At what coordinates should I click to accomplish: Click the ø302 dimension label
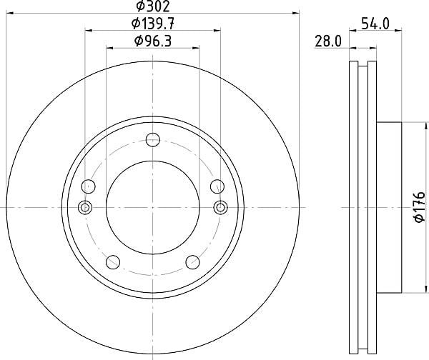pos(153,6)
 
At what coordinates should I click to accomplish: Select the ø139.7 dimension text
pos(153,24)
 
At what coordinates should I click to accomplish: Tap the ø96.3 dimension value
pos(153,41)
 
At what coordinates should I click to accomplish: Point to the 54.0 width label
pos(375,24)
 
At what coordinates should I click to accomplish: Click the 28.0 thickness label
pos(328,41)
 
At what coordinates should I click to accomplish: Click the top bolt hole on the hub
pos(153,140)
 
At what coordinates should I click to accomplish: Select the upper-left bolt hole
pos(89,186)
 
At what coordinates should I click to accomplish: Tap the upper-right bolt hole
pos(217,186)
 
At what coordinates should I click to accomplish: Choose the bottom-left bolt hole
pos(113,262)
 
